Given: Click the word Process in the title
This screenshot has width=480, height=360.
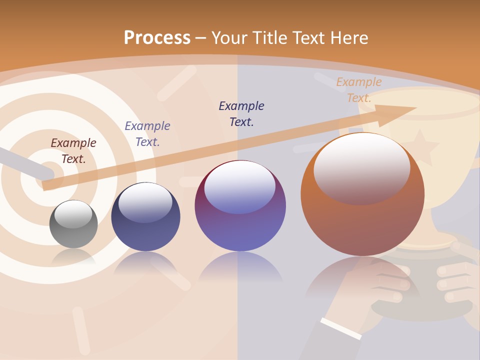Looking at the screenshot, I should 157,38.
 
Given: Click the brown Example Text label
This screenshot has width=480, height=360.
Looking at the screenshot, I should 73,151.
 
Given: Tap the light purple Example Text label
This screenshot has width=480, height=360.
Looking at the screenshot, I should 147,134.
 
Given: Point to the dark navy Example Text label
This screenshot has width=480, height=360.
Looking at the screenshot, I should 241,114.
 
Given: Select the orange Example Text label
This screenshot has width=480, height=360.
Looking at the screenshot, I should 359,90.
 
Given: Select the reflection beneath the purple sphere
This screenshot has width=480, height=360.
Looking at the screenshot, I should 240,267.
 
